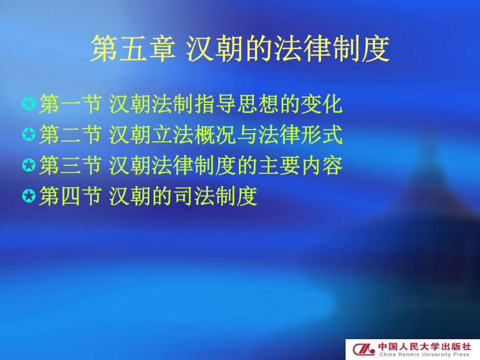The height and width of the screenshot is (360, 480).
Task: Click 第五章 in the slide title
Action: (133, 49)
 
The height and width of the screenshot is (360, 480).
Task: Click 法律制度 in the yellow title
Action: (332, 49)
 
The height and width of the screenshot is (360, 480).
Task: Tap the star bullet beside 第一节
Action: (29, 103)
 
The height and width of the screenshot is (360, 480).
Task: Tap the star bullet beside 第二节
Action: (29, 134)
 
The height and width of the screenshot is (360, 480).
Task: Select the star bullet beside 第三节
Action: (29, 165)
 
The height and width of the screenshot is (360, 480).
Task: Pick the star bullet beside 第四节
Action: (29, 196)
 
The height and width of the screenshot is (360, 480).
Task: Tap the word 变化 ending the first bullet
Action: (321, 104)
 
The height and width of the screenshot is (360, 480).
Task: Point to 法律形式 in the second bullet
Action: (300, 135)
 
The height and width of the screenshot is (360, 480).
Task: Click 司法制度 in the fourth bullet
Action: (215, 196)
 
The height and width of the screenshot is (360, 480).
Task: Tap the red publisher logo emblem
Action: (364, 349)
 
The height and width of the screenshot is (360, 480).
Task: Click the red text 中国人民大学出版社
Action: (425, 347)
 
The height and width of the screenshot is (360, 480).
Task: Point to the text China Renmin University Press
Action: (425, 355)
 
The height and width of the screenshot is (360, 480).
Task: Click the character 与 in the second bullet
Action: (247, 135)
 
